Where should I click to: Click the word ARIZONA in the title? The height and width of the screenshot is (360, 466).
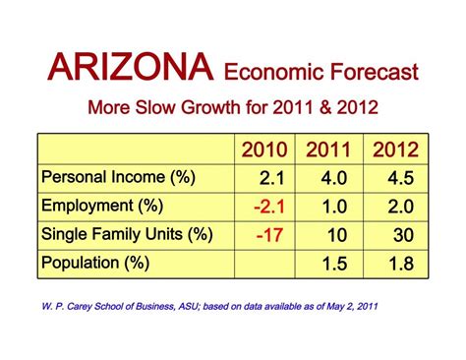131,67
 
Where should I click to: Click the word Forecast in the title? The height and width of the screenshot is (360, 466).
374,72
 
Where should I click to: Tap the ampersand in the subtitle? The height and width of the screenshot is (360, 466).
325,107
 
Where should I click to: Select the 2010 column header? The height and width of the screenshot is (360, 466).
264,150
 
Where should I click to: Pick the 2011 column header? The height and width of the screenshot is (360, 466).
328,150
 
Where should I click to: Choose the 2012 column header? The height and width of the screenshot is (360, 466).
395,150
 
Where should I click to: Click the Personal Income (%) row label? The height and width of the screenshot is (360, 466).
118,177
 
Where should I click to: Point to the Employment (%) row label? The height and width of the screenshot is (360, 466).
102,206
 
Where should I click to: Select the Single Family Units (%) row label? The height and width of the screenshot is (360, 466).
127,234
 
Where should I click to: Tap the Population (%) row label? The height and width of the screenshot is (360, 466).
95,263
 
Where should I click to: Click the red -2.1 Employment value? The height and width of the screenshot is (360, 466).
269,207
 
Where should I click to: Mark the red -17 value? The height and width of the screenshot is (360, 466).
269,235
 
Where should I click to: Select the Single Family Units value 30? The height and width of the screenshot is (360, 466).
403,235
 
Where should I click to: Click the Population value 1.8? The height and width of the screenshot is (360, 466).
401,264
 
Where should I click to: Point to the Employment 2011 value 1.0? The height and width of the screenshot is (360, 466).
334,207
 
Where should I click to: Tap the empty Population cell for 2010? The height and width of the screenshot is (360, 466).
264,265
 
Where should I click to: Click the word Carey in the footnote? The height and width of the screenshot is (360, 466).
81,307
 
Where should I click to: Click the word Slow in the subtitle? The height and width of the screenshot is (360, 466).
155,107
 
